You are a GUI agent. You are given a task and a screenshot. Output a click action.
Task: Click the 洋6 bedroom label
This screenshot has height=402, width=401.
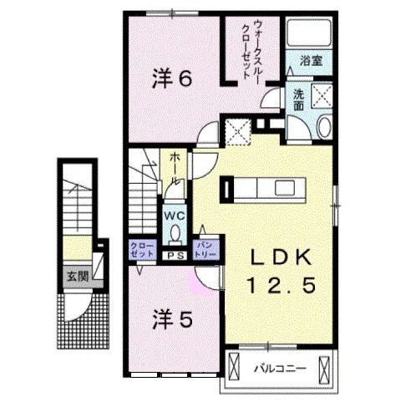[172, 79]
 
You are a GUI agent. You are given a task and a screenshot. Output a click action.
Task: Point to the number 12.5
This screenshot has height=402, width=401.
[281, 286]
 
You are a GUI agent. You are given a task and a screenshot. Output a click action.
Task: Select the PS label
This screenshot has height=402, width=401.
[175, 256]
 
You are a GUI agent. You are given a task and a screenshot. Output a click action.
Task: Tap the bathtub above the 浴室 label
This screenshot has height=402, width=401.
[309, 34]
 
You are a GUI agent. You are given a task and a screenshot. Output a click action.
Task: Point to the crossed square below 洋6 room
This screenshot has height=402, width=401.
[239, 130]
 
